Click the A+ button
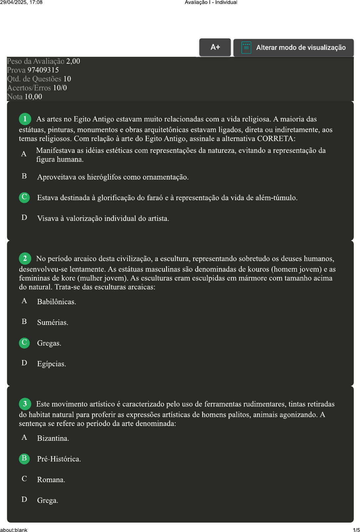click(215, 47)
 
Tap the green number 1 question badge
click(25, 119)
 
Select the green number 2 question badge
click(25, 258)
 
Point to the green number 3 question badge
click(25, 404)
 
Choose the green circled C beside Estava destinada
click(24, 197)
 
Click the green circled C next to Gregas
click(24, 343)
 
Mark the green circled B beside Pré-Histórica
click(24, 458)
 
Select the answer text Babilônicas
click(56, 302)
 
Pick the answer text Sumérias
click(53, 323)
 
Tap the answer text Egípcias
click(52, 364)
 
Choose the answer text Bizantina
click(53, 438)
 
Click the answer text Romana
click(51, 480)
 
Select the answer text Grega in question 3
click(47, 500)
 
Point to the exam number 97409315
click(43, 70)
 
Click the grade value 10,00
click(33, 96)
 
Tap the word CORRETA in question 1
click(276, 138)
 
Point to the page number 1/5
click(356, 530)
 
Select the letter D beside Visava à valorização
click(24, 218)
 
